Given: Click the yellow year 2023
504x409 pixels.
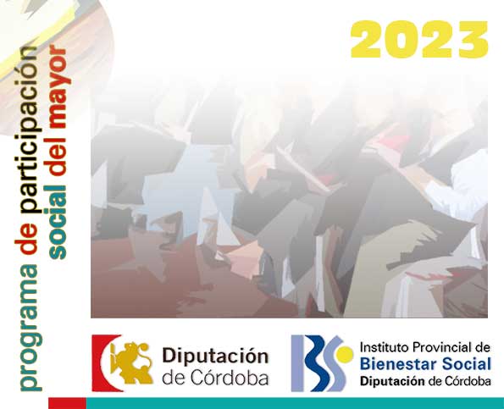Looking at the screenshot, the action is (419, 39).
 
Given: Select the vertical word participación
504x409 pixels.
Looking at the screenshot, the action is (30, 130).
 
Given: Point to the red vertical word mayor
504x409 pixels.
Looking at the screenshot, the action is (58, 87).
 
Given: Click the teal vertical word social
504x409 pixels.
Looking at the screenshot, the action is (58, 223).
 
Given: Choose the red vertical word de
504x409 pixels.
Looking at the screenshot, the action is (28, 237).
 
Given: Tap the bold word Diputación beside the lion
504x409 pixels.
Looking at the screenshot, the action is (215, 356).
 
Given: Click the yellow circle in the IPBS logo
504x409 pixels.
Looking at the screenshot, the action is (344, 355).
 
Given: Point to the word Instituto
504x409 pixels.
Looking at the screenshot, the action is (384, 347).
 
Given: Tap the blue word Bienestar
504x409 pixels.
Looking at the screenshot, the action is (399, 364).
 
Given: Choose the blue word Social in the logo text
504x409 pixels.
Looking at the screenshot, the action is (467, 364).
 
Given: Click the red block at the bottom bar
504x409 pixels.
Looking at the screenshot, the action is (67, 403).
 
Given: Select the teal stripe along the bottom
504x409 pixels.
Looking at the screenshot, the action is (295, 403).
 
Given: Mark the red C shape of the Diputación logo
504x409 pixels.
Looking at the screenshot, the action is (102, 363).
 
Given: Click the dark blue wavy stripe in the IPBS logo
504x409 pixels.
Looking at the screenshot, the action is (318, 363).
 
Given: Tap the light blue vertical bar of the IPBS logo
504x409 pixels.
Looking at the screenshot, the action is (297, 363).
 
